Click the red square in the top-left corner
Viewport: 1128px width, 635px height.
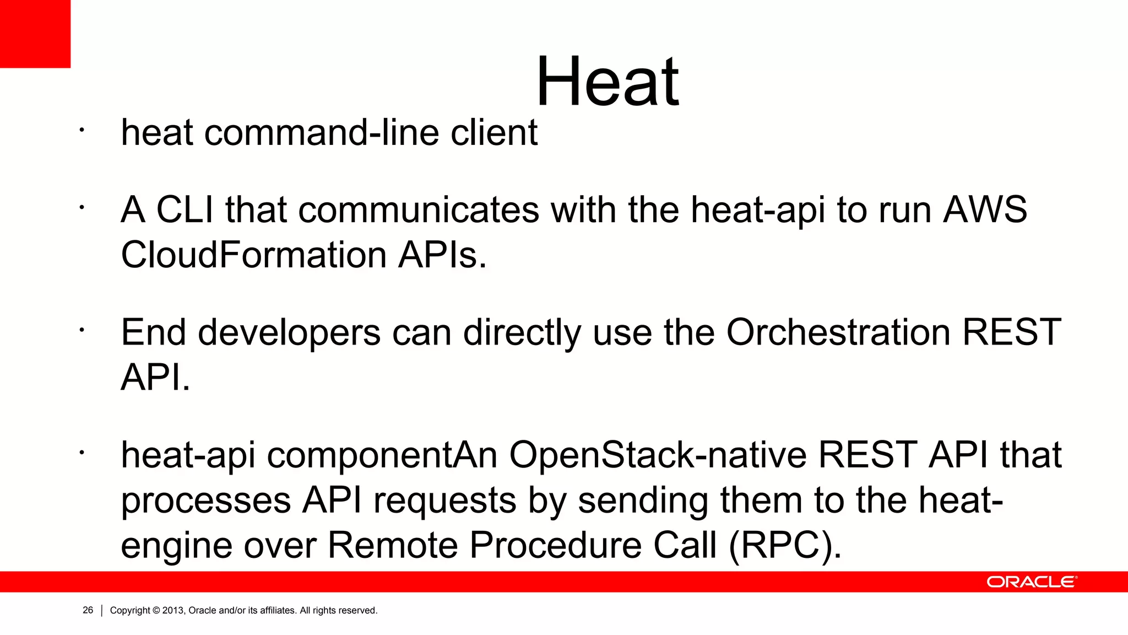[35, 34]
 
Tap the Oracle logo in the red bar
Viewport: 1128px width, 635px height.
[1031, 582]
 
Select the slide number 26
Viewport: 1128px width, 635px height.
[88, 610]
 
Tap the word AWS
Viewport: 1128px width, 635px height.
[984, 210]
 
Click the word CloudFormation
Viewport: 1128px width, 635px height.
[253, 255]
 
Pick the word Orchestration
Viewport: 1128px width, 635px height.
[838, 332]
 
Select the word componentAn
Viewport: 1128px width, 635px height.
[382, 456]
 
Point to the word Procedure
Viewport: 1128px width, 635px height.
[556, 545]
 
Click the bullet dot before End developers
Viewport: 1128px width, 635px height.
[81, 330]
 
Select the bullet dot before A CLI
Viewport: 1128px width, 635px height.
[81, 208]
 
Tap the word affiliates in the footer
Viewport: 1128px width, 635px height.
[278, 611]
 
